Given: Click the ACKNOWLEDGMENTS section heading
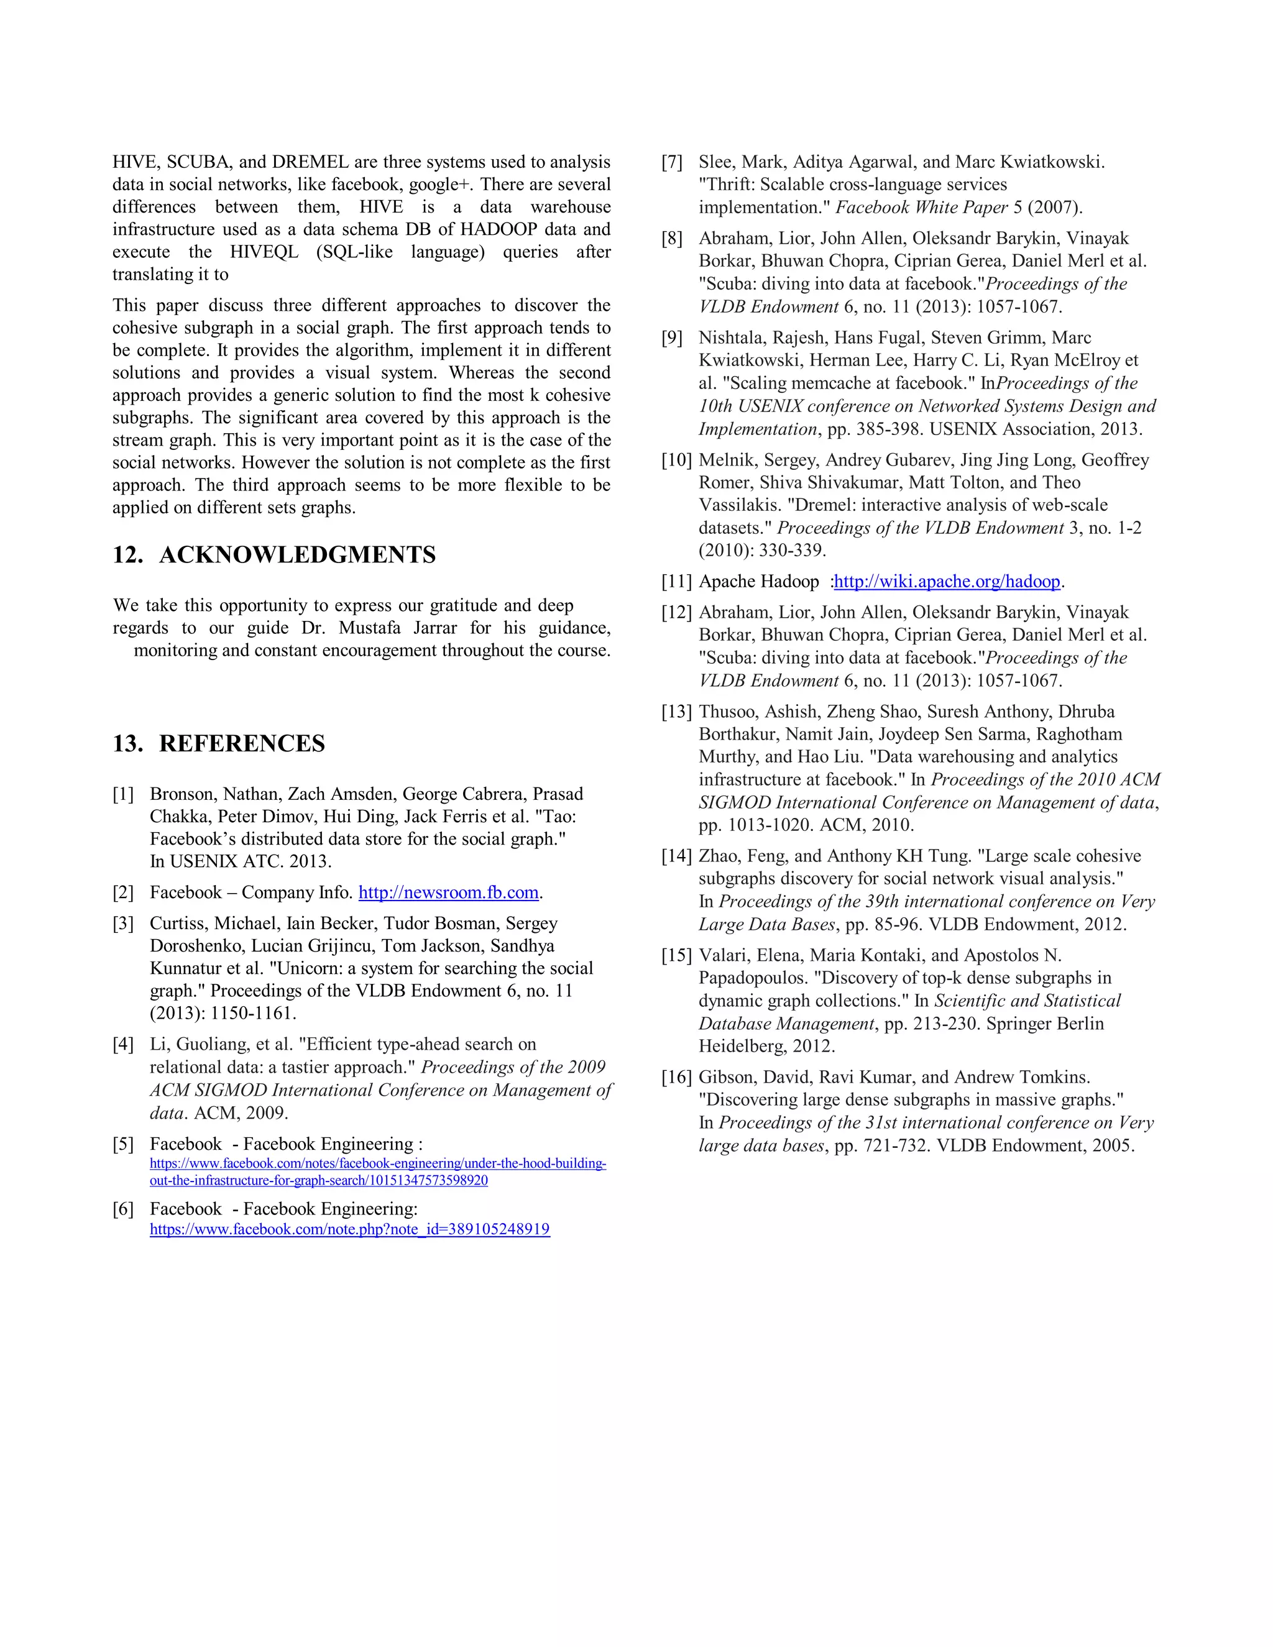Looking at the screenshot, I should [297, 555].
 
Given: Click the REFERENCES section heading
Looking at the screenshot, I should [241, 743].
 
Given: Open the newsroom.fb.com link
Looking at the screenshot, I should [448, 893].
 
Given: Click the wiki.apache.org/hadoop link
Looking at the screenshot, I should [947, 582].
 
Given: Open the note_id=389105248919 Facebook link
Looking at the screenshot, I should [349, 1229].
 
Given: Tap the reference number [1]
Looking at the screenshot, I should [123, 794].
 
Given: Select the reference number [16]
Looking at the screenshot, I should [676, 1078].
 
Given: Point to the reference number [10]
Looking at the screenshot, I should [676, 460].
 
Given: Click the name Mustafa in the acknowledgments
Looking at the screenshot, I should [370, 628].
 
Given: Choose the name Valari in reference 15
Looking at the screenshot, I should [722, 955].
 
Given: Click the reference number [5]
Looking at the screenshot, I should [123, 1144].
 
